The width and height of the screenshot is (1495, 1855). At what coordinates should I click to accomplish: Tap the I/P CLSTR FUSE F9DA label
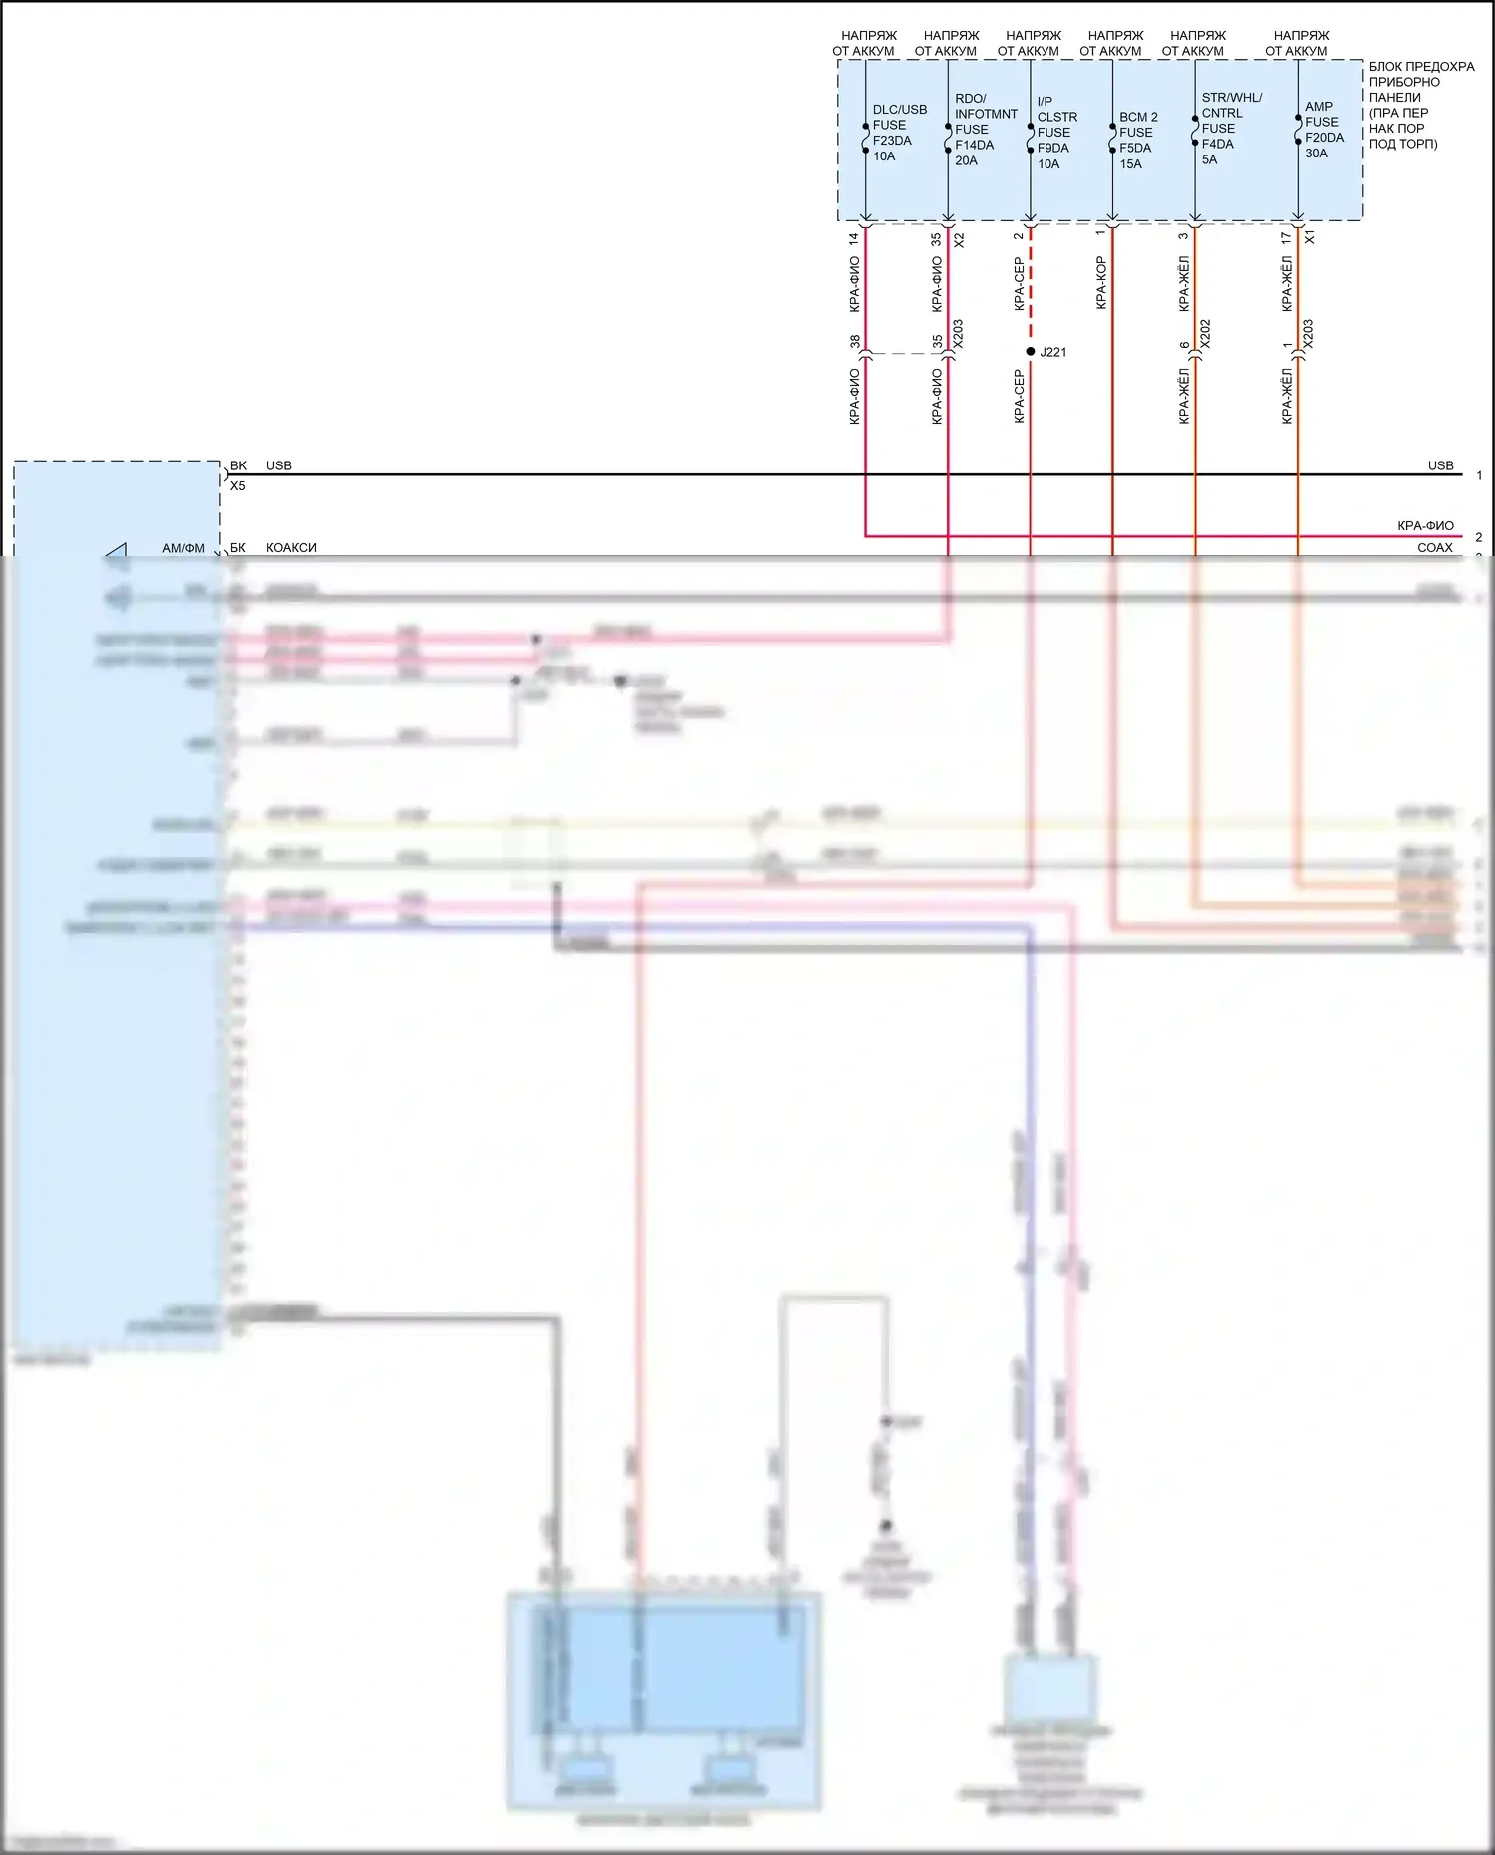[1055, 132]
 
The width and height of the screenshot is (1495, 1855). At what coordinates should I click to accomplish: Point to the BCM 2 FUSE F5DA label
[1137, 140]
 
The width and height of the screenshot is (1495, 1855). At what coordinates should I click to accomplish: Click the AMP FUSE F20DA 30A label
[1323, 130]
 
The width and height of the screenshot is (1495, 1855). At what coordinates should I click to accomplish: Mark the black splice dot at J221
[1031, 351]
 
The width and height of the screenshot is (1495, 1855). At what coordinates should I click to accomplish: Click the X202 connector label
[1205, 333]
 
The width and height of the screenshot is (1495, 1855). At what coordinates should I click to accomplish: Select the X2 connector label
[959, 240]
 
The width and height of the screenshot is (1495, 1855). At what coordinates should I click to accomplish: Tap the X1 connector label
[1310, 237]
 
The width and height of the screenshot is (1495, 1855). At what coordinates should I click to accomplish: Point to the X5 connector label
[238, 486]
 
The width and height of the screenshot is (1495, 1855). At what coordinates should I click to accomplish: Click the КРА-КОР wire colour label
[1101, 283]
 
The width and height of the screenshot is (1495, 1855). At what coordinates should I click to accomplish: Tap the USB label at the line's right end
[1440, 465]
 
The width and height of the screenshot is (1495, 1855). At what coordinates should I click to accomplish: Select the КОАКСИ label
[291, 548]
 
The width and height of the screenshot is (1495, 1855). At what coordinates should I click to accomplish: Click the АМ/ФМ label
[183, 548]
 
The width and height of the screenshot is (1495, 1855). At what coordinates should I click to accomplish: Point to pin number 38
[855, 341]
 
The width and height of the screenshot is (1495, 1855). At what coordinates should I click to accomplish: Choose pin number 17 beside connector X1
[1287, 239]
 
